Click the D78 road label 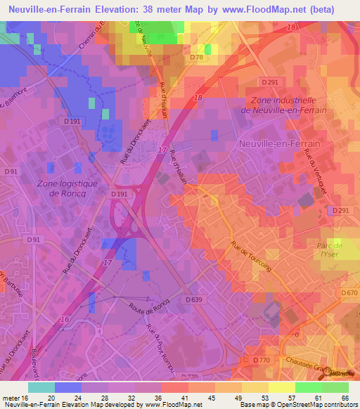click(197, 57)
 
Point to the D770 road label click(262, 360)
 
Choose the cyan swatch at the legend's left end click(41, 387)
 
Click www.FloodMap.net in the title click(255, 8)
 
